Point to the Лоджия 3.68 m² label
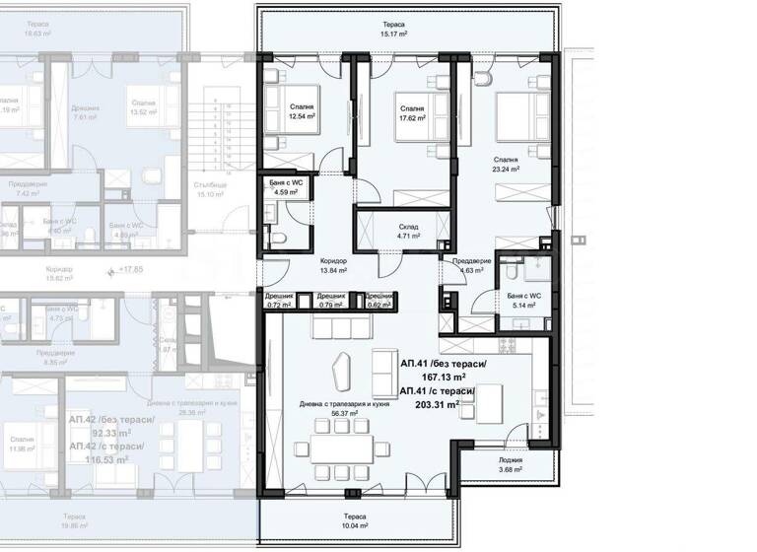click(510, 464)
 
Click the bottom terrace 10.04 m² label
click(355, 522)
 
